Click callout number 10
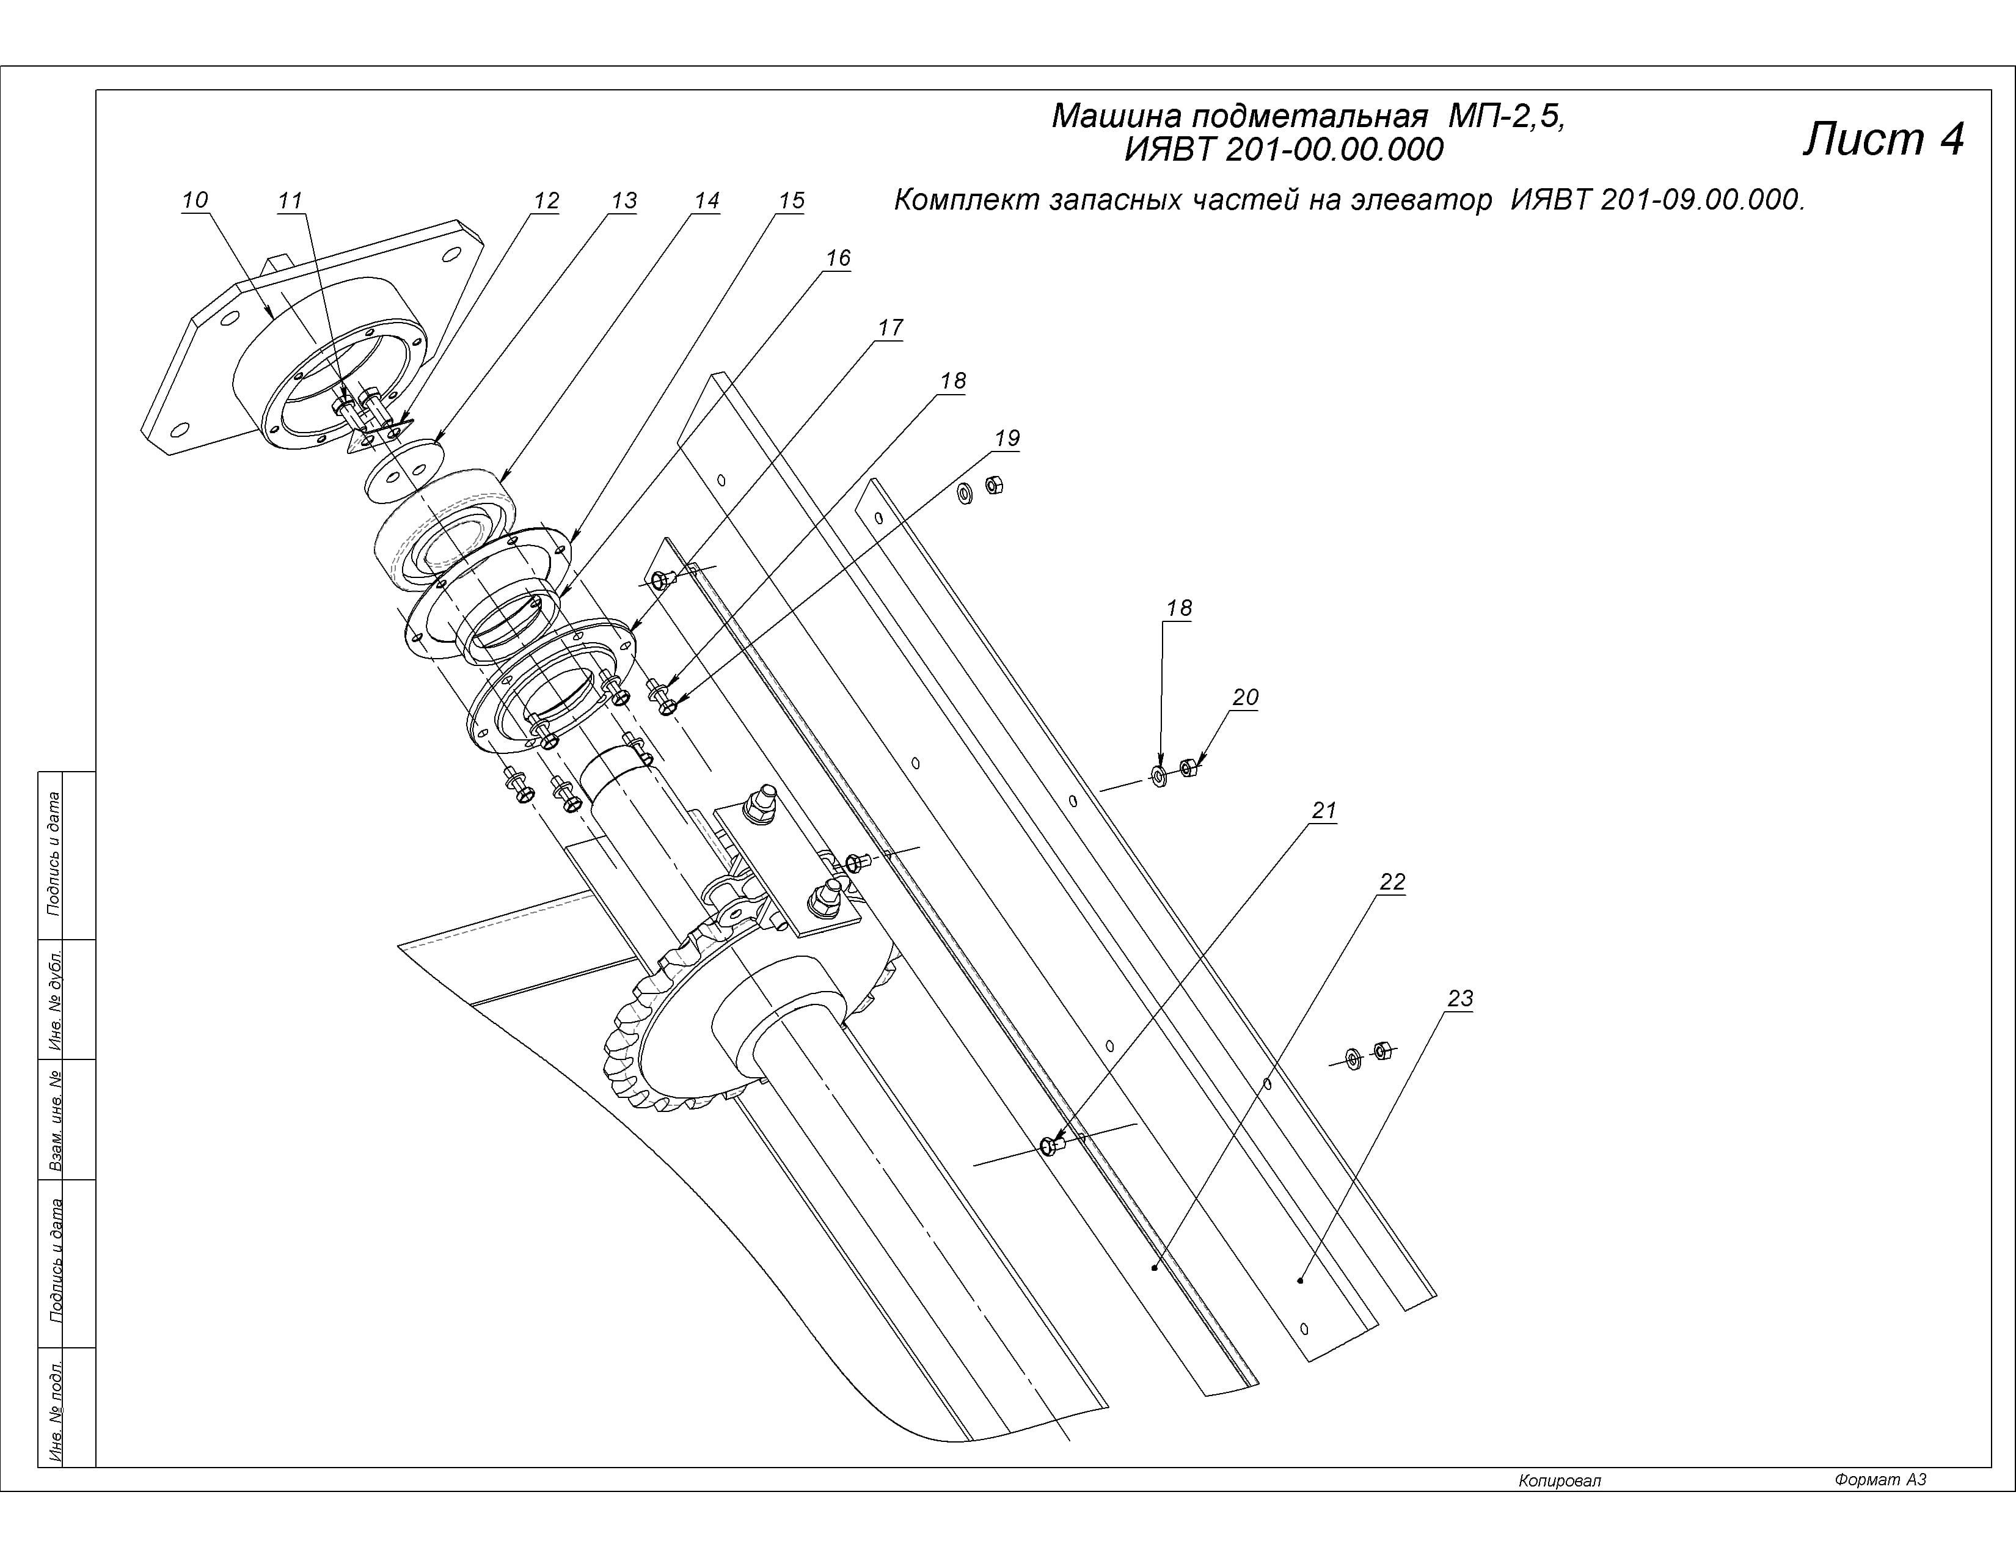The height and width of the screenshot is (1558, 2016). (195, 199)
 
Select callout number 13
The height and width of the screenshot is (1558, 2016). (624, 200)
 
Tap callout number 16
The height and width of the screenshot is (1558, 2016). (837, 257)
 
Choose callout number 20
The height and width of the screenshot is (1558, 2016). (1245, 697)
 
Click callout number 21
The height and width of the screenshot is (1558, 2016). (1324, 810)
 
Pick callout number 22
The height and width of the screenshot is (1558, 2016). (1392, 882)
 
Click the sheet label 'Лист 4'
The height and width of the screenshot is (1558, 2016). (1883, 139)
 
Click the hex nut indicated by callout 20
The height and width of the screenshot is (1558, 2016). (1189, 767)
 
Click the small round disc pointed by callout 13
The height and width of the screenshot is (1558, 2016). (403, 470)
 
